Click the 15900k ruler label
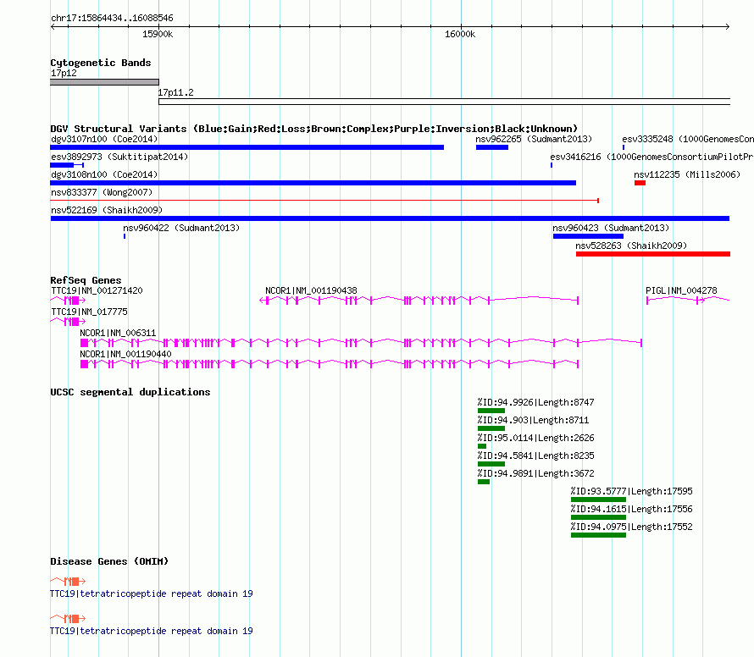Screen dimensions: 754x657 click(x=158, y=34)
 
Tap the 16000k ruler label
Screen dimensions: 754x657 click(x=460, y=34)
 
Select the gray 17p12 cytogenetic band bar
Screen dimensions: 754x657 click(x=104, y=82)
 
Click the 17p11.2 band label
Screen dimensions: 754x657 click(x=175, y=92)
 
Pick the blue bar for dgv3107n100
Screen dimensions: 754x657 click(x=247, y=147)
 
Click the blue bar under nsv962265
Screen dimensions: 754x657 click(x=492, y=147)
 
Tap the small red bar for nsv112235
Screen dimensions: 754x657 click(x=640, y=183)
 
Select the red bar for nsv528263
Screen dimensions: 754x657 click(x=653, y=254)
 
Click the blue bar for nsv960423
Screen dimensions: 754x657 click(x=588, y=236)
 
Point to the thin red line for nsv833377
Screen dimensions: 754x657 click(x=324, y=201)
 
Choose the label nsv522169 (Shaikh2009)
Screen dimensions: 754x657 click(x=107, y=210)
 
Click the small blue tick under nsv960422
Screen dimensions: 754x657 click(x=125, y=236)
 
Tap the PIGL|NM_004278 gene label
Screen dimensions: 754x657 click(x=681, y=290)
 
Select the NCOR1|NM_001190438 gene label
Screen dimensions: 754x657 click(x=311, y=290)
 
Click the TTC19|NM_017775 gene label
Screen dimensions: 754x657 click(x=90, y=312)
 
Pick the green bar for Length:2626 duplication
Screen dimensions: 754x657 click(x=482, y=446)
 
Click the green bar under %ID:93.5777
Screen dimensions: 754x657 click(x=598, y=500)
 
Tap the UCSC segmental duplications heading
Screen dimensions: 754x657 click(x=130, y=392)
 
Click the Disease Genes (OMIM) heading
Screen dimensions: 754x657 click(x=109, y=560)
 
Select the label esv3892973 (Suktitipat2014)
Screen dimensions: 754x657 click(x=119, y=157)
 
